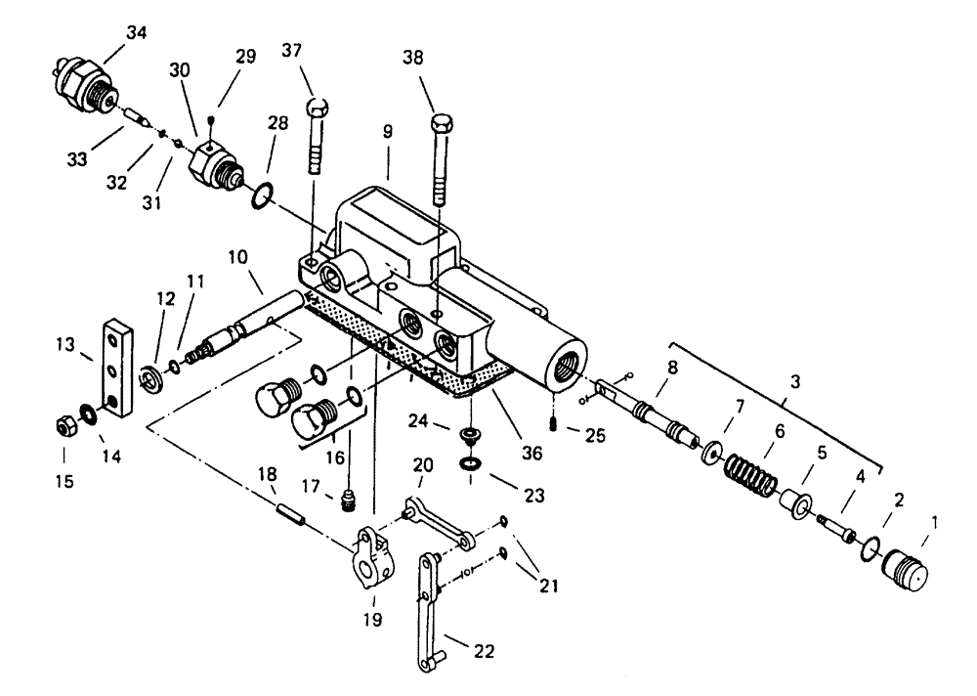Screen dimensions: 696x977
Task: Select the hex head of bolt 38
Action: tap(441, 125)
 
